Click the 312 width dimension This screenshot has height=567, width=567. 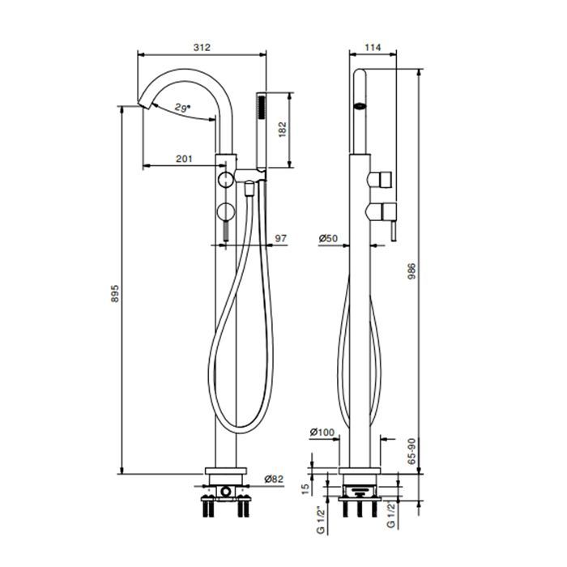coord(202,47)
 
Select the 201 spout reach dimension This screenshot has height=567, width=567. coord(185,159)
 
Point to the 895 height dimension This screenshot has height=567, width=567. coord(115,293)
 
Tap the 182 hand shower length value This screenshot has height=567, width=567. coord(283,130)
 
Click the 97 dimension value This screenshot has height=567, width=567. coord(281,238)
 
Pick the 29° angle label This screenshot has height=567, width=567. coord(182,108)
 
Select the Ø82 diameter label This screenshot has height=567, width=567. coord(274,480)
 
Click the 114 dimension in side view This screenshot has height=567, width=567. coord(373,47)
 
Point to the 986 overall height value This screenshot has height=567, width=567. coord(411,272)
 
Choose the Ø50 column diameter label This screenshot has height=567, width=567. coord(328,238)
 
